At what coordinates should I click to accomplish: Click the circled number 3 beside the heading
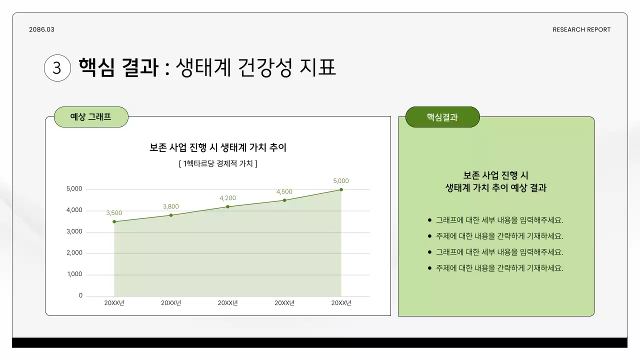click(57, 67)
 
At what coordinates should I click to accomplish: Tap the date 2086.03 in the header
click(41, 29)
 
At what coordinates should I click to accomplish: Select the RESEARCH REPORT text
click(581, 29)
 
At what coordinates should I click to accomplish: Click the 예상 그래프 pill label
click(90, 117)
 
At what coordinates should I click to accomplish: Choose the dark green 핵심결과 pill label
click(442, 117)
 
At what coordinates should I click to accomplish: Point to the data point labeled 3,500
click(114, 221)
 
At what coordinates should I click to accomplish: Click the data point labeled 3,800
click(171, 215)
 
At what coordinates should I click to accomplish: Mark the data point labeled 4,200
click(227, 206)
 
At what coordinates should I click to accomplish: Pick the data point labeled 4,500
click(284, 200)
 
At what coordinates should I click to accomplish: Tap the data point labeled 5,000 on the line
click(341, 189)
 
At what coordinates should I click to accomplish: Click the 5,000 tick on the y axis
click(74, 189)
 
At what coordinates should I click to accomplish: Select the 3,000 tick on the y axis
click(74, 231)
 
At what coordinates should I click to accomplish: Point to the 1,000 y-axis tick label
click(74, 274)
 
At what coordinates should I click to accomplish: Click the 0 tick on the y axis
click(80, 295)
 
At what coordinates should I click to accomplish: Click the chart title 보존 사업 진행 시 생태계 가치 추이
click(218, 147)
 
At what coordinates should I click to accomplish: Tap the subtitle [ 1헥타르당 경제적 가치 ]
click(218, 163)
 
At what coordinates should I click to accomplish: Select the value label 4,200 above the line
click(227, 198)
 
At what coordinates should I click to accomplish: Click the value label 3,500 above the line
click(114, 213)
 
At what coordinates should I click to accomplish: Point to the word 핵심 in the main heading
click(96, 67)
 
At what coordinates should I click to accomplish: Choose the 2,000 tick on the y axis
click(74, 253)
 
